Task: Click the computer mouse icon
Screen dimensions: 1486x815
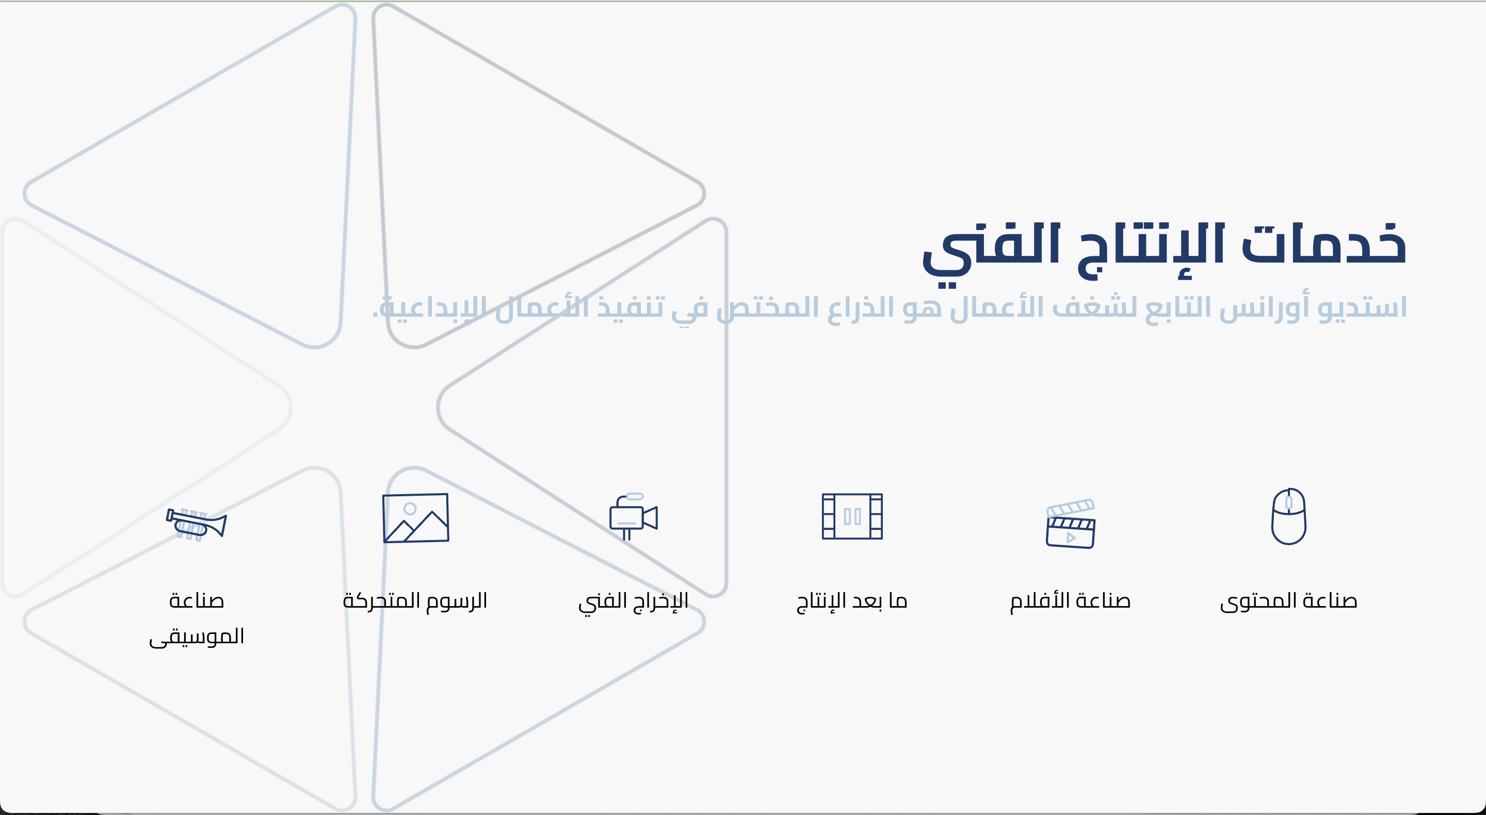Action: (1289, 516)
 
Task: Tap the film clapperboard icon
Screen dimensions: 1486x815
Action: (1071, 524)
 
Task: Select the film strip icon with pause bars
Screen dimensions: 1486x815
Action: (852, 516)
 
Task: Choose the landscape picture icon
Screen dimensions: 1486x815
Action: (416, 517)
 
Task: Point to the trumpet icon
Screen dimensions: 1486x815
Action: (196, 524)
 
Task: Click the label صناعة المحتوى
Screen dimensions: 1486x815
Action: (1288, 601)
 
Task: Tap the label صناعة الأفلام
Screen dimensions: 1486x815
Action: (1070, 601)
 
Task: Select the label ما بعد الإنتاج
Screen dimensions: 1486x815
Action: (852, 601)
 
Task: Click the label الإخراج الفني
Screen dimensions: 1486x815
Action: (634, 601)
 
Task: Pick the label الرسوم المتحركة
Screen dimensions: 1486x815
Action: (415, 601)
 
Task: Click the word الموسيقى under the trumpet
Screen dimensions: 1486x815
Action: (197, 637)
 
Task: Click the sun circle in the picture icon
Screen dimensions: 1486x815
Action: (410, 508)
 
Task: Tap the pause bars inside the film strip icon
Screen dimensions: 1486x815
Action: (852, 516)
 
